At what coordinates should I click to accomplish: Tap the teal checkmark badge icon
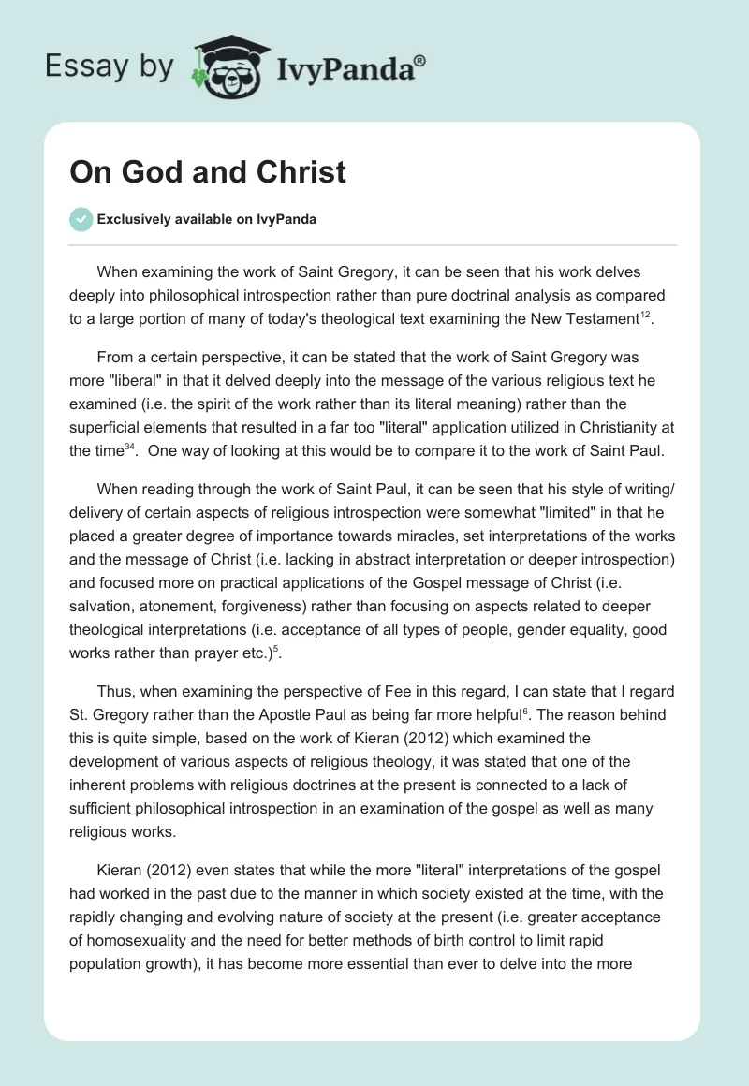(81, 219)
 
